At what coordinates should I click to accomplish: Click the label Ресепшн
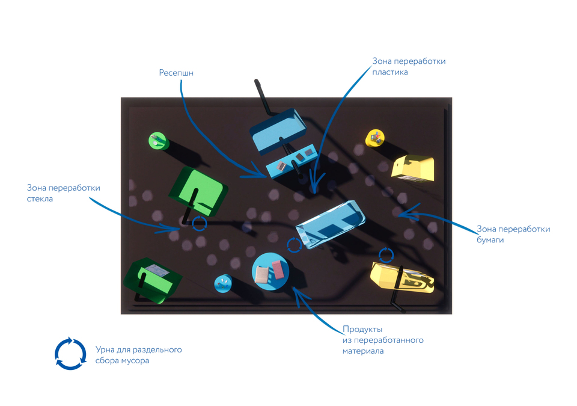176,73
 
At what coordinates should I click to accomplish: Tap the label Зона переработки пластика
409,66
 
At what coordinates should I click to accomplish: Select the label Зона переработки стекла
63,193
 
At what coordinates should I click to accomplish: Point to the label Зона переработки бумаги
513,234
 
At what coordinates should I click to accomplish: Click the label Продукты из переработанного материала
383,340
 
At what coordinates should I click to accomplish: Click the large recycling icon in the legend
71,353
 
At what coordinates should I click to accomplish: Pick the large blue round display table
270,271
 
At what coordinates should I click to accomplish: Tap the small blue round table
223,283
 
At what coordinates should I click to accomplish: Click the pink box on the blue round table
277,268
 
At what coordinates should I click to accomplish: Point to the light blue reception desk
291,162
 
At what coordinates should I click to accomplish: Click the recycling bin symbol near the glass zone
199,224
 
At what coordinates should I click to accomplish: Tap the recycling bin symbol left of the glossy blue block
294,245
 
